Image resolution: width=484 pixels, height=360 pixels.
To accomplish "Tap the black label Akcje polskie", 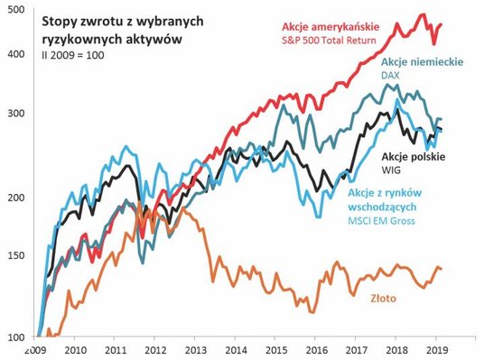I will (427, 155).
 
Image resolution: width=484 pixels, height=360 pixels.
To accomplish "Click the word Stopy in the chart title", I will (73, 24).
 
